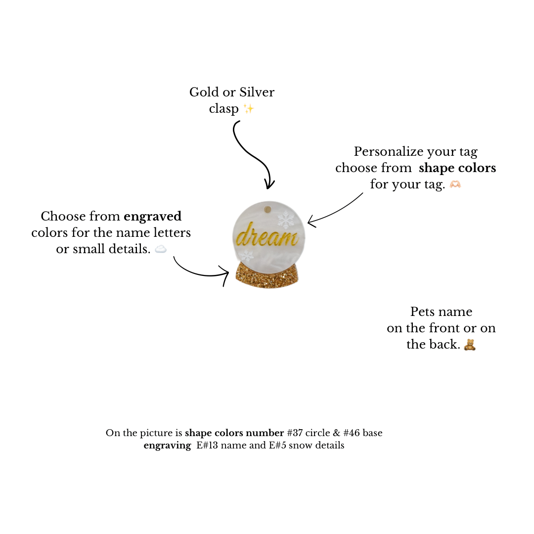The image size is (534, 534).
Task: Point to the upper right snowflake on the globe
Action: click(x=286, y=219)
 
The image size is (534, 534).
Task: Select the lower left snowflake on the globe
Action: click(x=246, y=255)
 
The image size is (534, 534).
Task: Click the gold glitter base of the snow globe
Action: click(x=267, y=276)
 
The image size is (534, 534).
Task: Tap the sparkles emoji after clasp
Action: click(x=248, y=109)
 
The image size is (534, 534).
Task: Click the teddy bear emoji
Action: click(x=470, y=345)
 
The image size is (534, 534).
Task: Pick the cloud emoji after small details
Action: click(x=161, y=249)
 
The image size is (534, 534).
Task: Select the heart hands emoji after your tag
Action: click(x=455, y=184)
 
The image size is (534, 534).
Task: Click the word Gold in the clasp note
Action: click(x=204, y=92)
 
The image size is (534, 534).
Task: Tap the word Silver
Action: click(x=257, y=92)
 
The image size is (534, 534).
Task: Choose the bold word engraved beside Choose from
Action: click(x=152, y=216)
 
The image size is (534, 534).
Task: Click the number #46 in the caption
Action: click(x=350, y=433)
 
